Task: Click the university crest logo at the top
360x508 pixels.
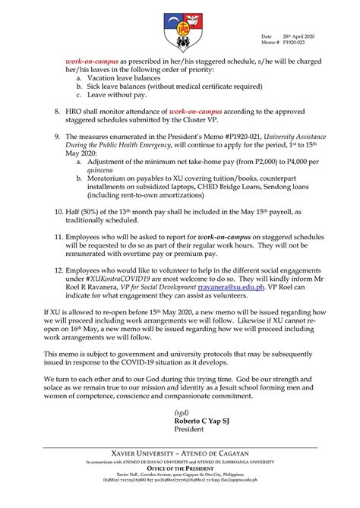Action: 179,29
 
